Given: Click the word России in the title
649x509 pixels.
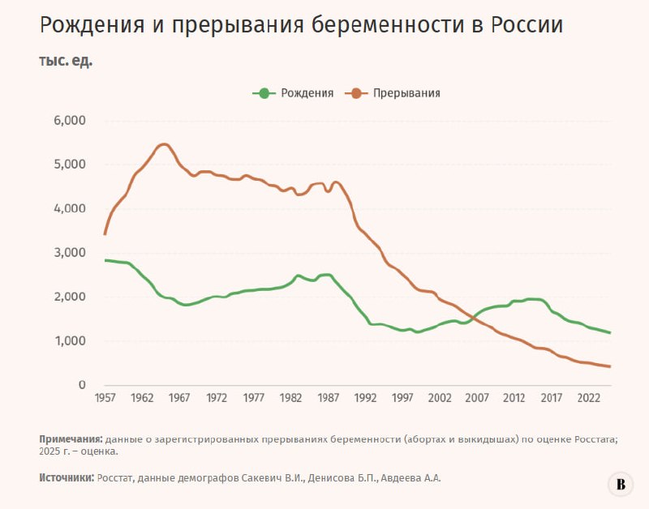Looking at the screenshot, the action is [x=527, y=25].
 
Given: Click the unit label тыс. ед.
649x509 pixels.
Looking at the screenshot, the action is [x=66, y=62].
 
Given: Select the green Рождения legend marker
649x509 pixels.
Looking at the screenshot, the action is [x=264, y=93].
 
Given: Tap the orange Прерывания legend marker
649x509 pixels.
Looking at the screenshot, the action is [x=356, y=93].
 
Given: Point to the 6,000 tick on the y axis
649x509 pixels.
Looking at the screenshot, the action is [x=70, y=121].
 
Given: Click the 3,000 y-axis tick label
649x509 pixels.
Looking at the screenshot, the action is [x=70, y=253].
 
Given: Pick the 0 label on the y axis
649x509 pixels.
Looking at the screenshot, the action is [x=82, y=384].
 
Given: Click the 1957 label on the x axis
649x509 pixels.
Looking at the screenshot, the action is [x=105, y=398].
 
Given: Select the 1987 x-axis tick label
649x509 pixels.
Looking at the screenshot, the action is [x=329, y=398].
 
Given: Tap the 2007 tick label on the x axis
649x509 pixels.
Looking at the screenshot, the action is [x=477, y=398].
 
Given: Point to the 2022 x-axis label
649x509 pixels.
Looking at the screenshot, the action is [x=589, y=398].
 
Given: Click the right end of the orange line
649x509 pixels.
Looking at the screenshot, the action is [x=610, y=366].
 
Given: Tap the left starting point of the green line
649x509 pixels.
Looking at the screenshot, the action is [x=105, y=260].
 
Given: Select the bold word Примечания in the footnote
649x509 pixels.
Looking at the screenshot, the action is [x=71, y=439].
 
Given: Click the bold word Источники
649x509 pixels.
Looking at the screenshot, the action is [x=67, y=478].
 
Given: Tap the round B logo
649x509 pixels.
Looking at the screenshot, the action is [x=621, y=484].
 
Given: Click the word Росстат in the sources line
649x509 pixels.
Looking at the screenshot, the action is [x=115, y=478].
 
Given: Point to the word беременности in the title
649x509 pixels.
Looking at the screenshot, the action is [x=388, y=26].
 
